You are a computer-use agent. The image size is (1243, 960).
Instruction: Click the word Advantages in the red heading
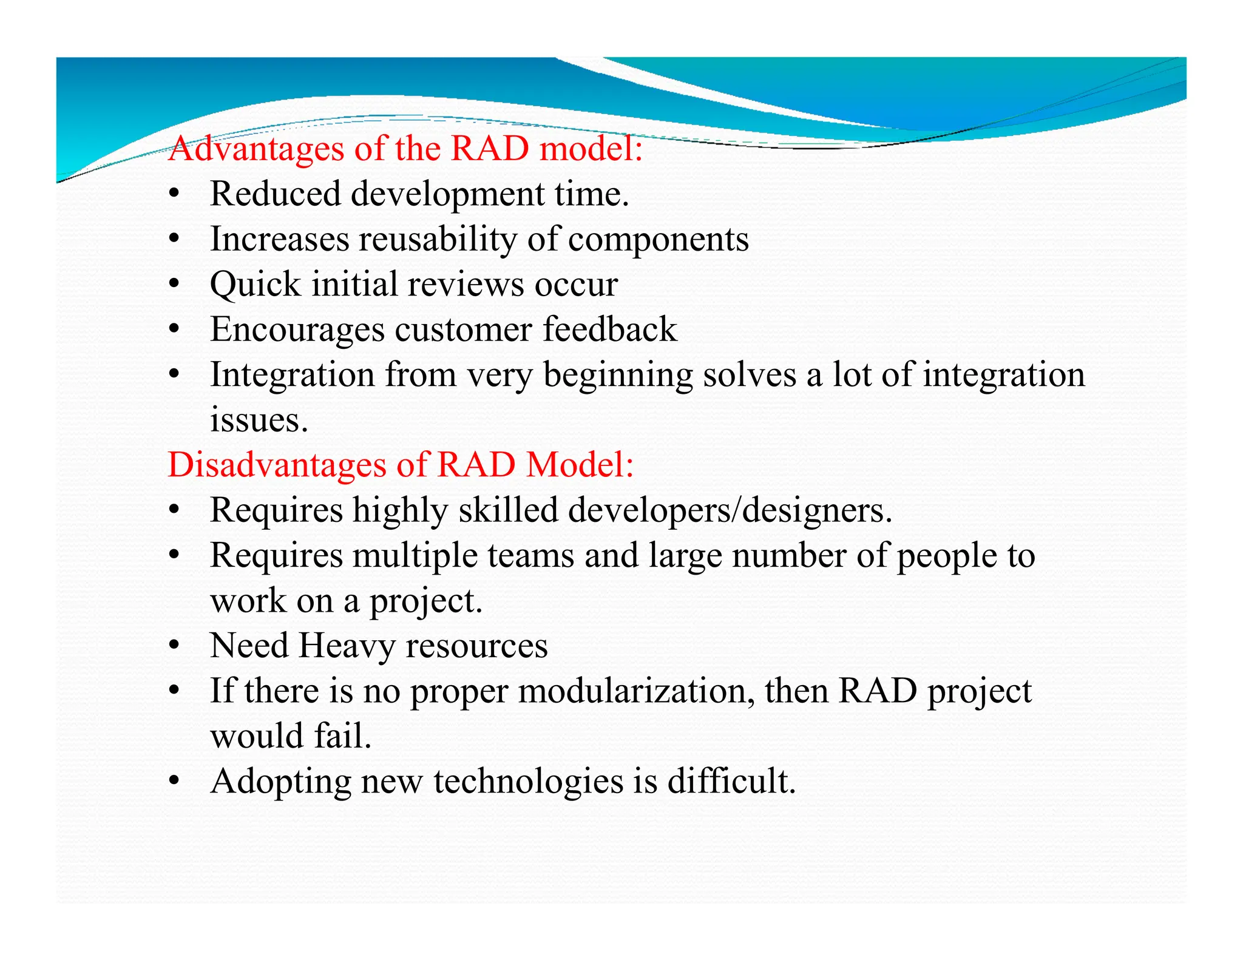(x=256, y=149)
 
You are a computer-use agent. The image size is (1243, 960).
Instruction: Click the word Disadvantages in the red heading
(x=277, y=465)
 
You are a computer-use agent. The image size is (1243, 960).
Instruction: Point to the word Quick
(x=255, y=285)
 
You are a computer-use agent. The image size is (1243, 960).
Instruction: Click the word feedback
(x=609, y=330)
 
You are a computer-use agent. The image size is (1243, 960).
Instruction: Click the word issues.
(x=259, y=421)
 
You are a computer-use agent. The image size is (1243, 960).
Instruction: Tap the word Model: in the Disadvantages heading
(x=580, y=465)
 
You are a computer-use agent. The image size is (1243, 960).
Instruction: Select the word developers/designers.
(x=730, y=510)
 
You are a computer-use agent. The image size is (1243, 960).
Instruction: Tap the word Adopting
(x=280, y=782)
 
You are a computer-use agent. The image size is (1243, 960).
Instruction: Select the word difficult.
(x=731, y=781)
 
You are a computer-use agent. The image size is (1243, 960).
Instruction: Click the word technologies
(x=528, y=782)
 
